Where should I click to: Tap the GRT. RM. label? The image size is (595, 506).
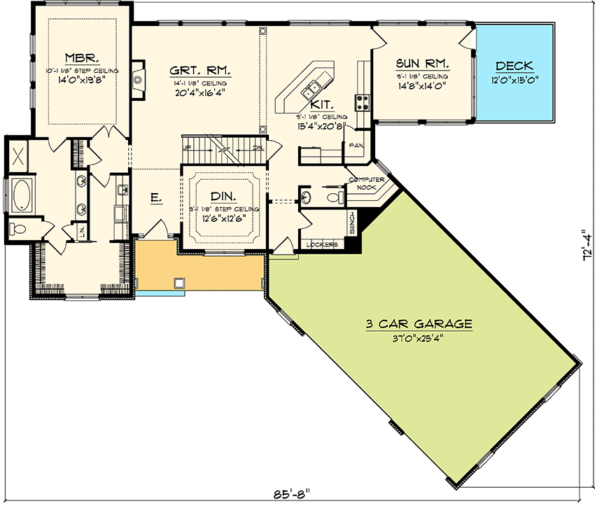[200, 71]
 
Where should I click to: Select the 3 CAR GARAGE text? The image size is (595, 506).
[419, 324]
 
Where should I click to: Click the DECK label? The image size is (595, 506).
[514, 66]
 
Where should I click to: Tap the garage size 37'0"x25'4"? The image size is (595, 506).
[419, 338]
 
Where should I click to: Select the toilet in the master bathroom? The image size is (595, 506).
[17, 228]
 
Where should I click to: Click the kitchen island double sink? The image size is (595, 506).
[311, 89]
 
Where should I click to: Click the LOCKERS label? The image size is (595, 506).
[323, 244]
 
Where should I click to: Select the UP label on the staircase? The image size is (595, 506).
[187, 148]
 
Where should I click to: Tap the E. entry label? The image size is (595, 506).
[156, 199]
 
